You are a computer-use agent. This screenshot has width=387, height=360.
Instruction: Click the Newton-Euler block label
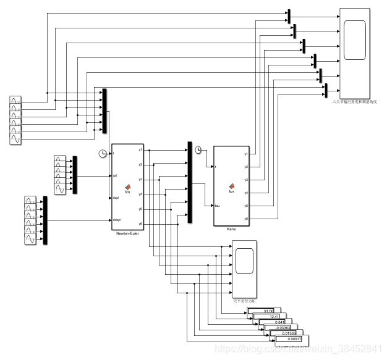126,234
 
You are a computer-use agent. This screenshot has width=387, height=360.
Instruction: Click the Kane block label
231,229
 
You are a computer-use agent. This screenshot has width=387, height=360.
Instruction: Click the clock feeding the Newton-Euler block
103,153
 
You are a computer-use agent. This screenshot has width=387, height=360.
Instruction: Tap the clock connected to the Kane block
198,149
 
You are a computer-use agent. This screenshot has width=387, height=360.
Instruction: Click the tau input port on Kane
217,206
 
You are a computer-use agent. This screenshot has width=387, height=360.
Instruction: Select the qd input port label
115,175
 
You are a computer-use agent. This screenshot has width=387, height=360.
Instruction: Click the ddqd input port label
116,220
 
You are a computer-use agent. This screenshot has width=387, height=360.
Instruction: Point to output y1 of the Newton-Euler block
140,149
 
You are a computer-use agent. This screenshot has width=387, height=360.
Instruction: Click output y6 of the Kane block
246,219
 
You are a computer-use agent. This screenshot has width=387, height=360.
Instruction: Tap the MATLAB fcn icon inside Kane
231,186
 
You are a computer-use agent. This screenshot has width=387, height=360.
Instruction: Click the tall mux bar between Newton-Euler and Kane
190,182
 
